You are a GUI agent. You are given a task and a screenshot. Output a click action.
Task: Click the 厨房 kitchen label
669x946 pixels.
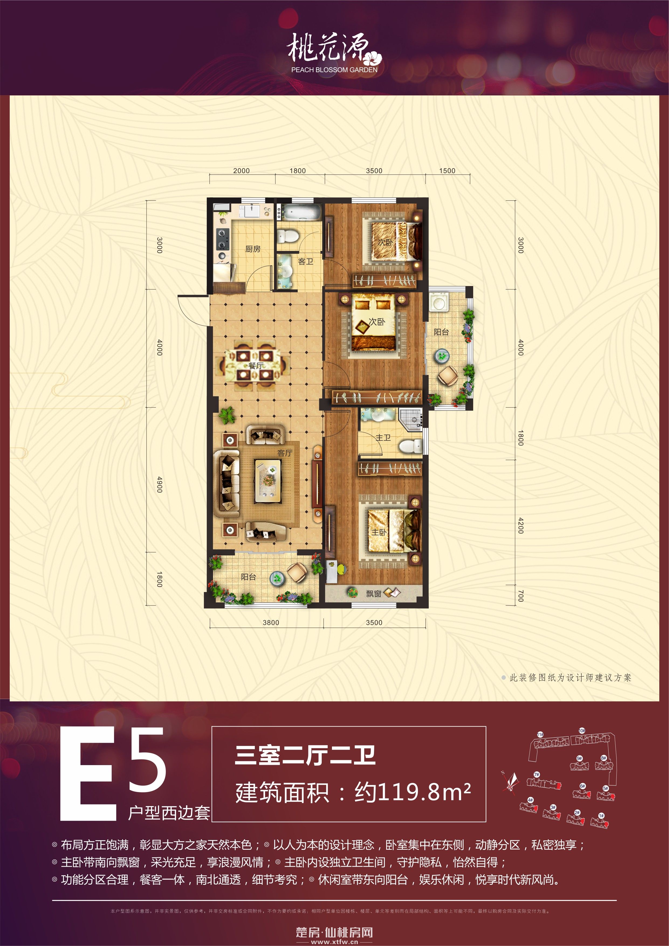click(253, 249)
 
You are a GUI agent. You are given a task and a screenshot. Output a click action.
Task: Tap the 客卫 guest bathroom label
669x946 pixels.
click(306, 262)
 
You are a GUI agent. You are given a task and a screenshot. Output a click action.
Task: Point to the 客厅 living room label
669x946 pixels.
click(284, 453)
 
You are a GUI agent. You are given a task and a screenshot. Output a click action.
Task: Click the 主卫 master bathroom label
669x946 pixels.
click(383, 438)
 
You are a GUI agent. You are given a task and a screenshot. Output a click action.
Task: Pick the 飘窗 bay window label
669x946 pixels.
click(373, 594)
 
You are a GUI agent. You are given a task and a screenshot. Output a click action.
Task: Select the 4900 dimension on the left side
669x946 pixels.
click(160, 484)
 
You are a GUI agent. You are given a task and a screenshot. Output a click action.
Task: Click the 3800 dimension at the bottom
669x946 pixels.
click(271, 622)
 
